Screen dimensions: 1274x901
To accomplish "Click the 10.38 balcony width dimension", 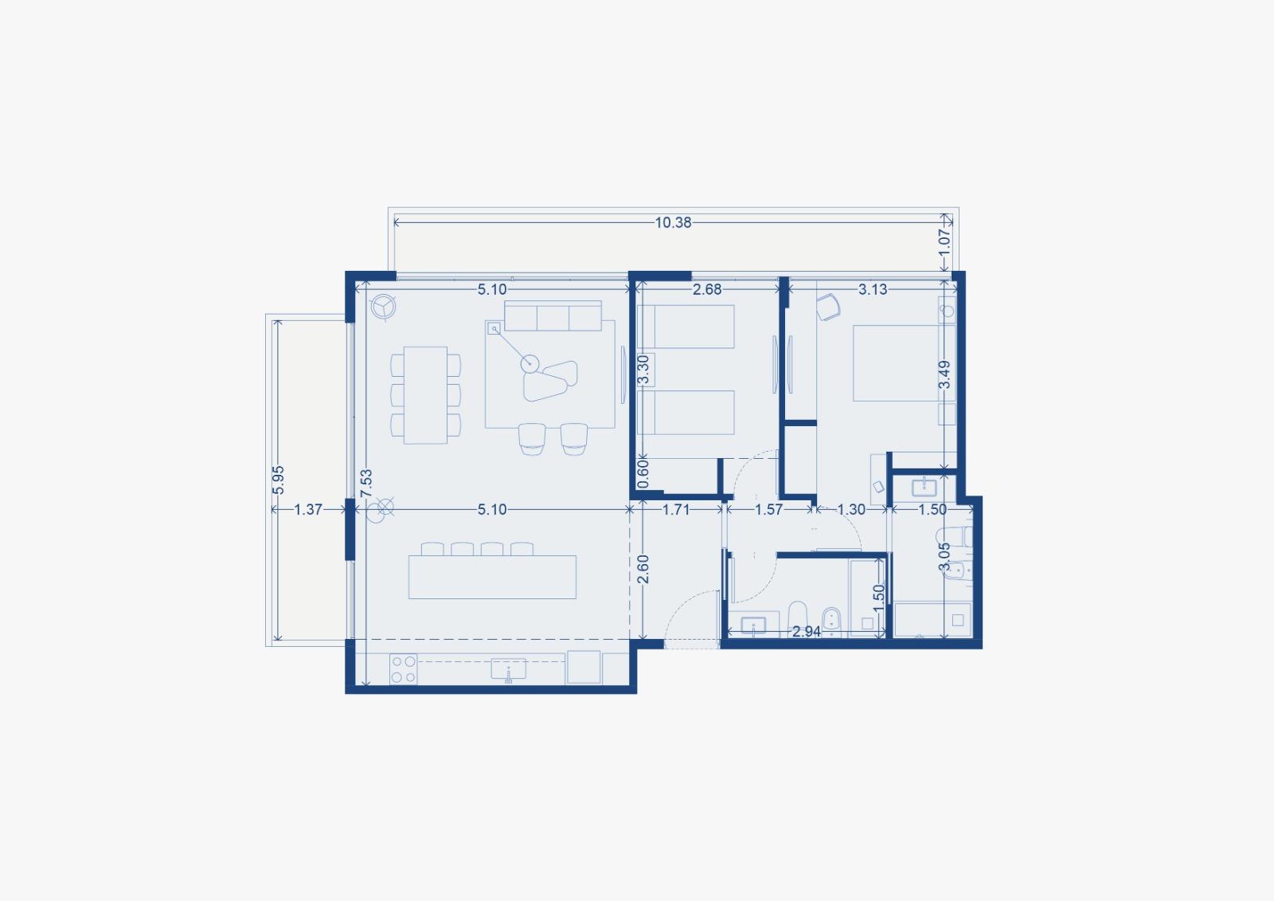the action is pos(673,222).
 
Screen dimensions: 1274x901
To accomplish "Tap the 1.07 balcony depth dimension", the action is pos(944,243).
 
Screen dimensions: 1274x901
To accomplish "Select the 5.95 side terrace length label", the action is pos(278,480).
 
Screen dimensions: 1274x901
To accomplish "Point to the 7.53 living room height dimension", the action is pos(366,483).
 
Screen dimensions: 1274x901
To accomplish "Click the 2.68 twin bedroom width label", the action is pos(707,290).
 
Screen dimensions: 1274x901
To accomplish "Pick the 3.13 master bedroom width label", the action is pos(873,290).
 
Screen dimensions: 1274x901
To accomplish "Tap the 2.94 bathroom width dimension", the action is pos(807,631).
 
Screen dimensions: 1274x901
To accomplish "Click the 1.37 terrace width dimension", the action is pos(307,509).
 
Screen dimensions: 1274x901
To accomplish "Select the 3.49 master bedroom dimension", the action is pos(944,374).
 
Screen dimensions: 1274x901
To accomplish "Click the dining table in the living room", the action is pos(425,395).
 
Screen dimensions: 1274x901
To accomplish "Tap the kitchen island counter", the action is pos(492,577).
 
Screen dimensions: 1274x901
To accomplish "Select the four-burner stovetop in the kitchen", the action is pos(403,668).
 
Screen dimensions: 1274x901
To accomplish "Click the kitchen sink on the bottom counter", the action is pos(509,668).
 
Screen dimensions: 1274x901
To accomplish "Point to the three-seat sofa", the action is pos(553,316).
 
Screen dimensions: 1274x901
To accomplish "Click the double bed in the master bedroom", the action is pos(897,363).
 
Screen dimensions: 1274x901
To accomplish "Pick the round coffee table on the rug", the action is pos(530,363).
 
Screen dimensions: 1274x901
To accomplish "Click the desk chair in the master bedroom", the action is pos(828,308).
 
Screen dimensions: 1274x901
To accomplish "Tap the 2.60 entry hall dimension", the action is pos(643,569).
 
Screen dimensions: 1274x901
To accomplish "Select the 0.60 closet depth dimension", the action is pos(643,473).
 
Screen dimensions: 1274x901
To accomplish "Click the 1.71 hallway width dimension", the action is pos(676,509).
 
